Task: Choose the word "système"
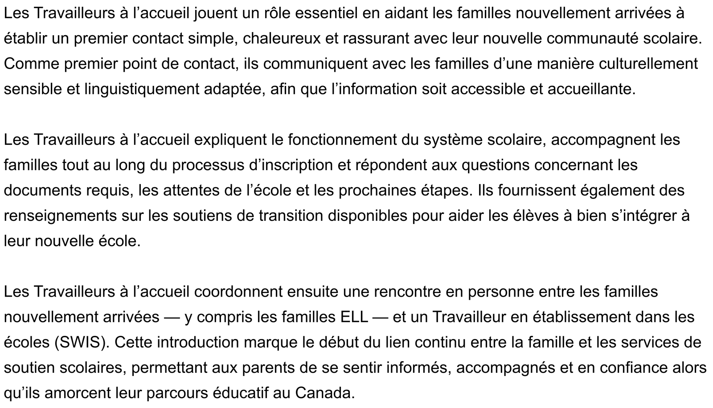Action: tap(453, 140)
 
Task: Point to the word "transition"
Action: tap(291, 216)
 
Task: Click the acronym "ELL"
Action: tap(354, 317)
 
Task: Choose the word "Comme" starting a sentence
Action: tap(31, 64)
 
